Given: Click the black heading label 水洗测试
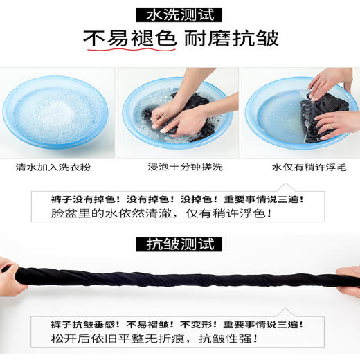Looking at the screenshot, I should click(x=179, y=13).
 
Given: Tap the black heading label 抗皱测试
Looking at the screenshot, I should click(x=179, y=244).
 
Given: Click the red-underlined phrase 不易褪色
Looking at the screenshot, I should click(x=129, y=40).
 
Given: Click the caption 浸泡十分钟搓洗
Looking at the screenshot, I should click(x=179, y=166).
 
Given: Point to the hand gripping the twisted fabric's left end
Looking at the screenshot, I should click(x=8, y=271).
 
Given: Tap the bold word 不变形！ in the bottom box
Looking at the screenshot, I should click(x=213, y=324).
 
